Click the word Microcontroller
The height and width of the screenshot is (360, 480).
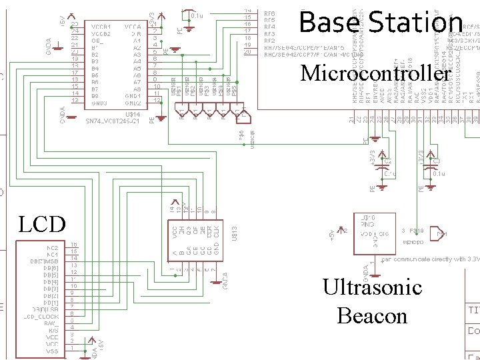(x=375, y=73)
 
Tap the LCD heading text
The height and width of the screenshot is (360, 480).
(x=42, y=224)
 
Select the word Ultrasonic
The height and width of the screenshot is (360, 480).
(x=372, y=287)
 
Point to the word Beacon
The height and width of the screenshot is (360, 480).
(x=372, y=315)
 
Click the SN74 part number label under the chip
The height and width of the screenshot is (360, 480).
(x=113, y=121)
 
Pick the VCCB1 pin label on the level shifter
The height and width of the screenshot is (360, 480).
(x=99, y=25)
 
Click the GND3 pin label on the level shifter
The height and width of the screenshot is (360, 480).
(x=99, y=103)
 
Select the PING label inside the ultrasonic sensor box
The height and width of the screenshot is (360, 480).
(x=368, y=224)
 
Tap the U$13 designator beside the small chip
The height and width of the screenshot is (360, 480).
(x=235, y=233)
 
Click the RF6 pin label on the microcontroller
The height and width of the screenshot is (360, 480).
(x=269, y=13)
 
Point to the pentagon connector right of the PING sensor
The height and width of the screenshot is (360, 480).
(x=441, y=234)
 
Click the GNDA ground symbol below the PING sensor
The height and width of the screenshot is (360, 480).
(x=365, y=270)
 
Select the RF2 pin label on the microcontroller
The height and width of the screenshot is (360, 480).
(x=269, y=40)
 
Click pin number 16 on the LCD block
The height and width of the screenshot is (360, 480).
(x=74, y=245)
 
